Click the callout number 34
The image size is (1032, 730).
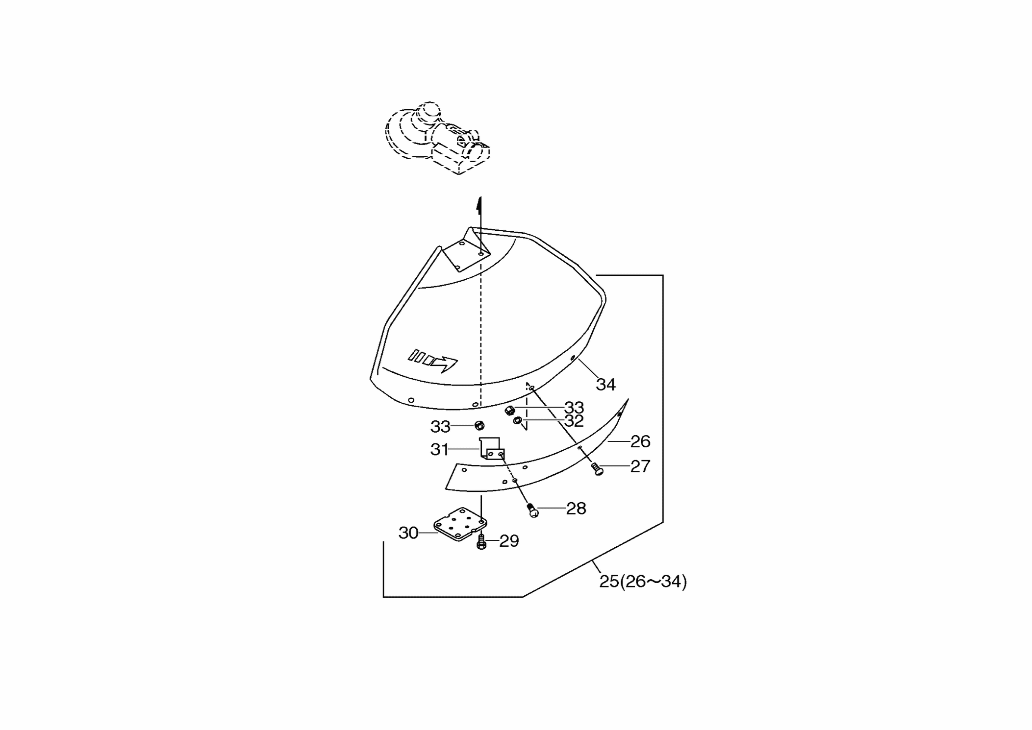click(605, 385)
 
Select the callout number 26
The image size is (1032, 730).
click(640, 441)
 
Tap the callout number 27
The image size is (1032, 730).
click(640, 466)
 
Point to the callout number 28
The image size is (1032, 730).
click(576, 509)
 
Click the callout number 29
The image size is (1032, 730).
click(509, 541)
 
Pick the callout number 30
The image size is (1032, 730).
click(408, 533)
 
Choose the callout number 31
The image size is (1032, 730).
click(440, 449)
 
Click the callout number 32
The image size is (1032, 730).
click(574, 421)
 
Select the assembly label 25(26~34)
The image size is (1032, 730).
click(643, 582)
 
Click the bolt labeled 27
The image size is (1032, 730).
click(597, 469)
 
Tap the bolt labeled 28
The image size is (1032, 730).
click(532, 510)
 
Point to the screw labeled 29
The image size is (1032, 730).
click(481, 542)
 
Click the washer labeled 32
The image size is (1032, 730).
click(517, 420)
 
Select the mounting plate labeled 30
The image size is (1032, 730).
click(460, 524)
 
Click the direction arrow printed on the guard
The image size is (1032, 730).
click(433, 362)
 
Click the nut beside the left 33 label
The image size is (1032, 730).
click(479, 425)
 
